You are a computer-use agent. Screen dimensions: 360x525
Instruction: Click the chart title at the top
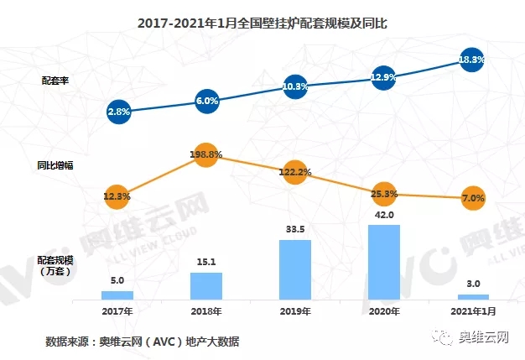(x=262, y=24)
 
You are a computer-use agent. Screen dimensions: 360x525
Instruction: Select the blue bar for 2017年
(x=117, y=295)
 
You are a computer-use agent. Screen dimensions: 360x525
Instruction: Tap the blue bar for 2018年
(x=206, y=285)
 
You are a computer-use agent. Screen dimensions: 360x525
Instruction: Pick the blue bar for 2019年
(x=295, y=269)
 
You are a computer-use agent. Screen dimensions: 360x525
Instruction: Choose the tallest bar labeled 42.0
(x=383, y=262)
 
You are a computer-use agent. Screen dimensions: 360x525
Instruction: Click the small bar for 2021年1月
(x=472, y=296)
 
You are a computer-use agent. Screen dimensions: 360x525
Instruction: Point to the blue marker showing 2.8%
(x=117, y=111)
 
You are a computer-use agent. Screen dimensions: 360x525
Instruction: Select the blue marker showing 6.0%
(x=206, y=101)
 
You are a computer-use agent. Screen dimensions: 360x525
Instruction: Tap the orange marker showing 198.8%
(x=206, y=155)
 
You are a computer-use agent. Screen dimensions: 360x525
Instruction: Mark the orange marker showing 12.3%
(x=117, y=196)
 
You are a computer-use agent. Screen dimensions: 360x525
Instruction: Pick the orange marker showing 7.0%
(x=472, y=198)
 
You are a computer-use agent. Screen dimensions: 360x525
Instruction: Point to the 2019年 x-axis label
(x=295, y=311)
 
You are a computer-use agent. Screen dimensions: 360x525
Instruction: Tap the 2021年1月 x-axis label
(x=472, y=311)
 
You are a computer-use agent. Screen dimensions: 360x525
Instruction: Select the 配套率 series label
(x=57, y=81)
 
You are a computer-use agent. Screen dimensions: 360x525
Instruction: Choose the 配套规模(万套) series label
(x=57, y=267)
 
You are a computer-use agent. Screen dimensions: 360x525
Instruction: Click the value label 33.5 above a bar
(x=295, y=230)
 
